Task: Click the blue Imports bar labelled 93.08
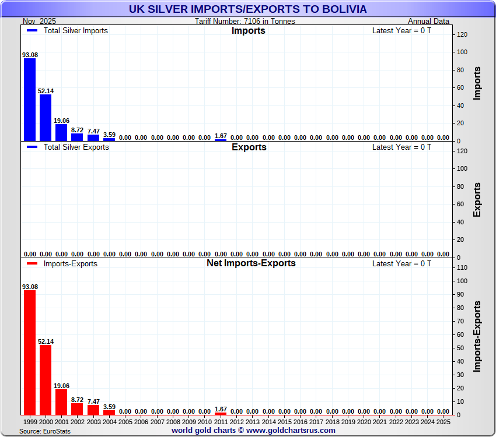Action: pos(30,100)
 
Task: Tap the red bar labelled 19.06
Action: pos(61,402)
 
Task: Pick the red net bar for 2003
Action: pos(93,410)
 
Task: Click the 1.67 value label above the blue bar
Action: pos(221,135)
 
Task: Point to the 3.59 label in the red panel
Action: pos(109,407)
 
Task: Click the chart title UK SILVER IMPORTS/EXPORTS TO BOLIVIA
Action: pos(248,9)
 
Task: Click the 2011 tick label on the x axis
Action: pos(221,421)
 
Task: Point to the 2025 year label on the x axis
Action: pos(443,421)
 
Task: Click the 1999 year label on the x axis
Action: pos(30,421)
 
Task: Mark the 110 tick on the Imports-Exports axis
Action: pos(461,267)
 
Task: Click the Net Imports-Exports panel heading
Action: pos(251,263)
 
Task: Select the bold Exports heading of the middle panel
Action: pos(249,147)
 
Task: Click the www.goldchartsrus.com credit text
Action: pos(290,431)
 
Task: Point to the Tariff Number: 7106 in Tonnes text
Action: pos(245,22)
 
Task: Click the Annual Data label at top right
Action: pos(428,22)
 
